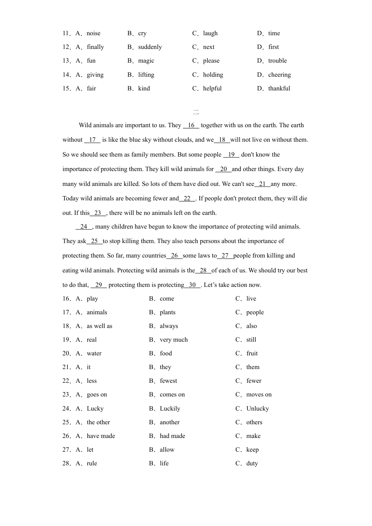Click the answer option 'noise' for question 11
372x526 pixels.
coord(93,33)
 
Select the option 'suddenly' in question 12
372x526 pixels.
coord(150,47)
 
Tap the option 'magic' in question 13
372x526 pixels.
coord(146,61)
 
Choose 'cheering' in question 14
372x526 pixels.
coord(279,75)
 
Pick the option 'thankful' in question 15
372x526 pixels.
coord(279,88)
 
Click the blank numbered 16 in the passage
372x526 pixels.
coord(191,125)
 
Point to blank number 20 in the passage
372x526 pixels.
coord(223,169)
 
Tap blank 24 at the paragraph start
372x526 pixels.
coord(84,227)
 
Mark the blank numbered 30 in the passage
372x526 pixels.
coord(192,285)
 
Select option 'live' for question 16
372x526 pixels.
coord(251,299)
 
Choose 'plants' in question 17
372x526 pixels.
coord(168,312)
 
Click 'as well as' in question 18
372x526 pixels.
coord(99,326)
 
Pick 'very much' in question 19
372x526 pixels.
coord(173,340)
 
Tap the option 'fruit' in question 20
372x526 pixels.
coord(252,353)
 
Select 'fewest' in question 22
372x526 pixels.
coord(168,381)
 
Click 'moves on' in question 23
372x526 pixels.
coord(259,394)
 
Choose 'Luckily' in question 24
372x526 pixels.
coord(170,409)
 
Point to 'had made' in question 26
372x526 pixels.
coord(172,436)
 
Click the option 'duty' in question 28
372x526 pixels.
coord(252,463)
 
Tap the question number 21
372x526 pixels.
coord(66,367)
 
